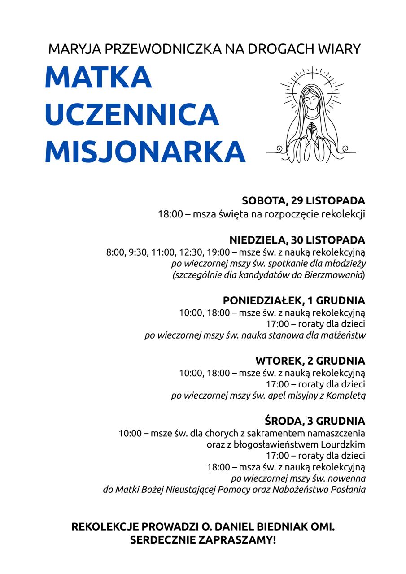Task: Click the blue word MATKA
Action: point(98,78)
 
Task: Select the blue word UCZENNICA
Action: point(131,115)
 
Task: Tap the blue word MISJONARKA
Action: point(145,152)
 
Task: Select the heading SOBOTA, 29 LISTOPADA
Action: point(303,200)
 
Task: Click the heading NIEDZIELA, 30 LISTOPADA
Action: point(297,239)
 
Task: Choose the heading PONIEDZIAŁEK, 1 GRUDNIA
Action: point(294,300)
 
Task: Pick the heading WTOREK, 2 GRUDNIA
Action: point(310,361)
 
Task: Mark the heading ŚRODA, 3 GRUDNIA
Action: point(314,421)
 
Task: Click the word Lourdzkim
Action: point(343,445)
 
